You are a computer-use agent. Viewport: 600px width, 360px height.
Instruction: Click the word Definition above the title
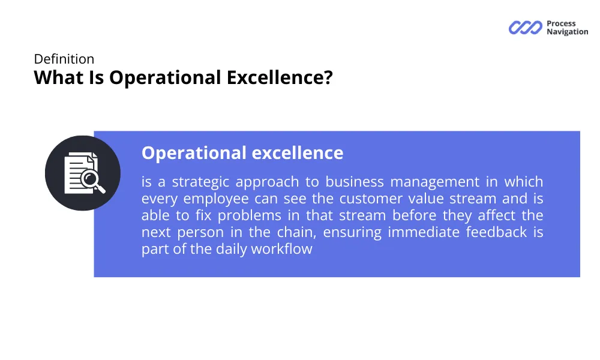point(64,59)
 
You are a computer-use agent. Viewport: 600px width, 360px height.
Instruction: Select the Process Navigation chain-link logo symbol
point(526,28)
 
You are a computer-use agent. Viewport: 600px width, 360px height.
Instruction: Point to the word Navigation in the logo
point(568,32)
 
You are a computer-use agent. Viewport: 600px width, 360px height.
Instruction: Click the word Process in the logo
point(561,23)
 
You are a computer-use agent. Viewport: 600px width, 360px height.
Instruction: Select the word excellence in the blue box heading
point(298,152)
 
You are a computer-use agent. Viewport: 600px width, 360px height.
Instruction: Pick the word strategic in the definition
point(200,182)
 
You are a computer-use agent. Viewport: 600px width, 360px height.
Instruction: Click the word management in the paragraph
point(434,182)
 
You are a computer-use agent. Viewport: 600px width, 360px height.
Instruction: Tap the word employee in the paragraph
point(216,199)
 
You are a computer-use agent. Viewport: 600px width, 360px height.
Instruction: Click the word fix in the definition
point(203,215)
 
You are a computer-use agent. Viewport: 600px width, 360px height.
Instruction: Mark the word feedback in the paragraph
point(496,232)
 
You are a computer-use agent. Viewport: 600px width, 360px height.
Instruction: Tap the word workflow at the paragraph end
point(281,248)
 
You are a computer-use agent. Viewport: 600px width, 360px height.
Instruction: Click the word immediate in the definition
point(424,232)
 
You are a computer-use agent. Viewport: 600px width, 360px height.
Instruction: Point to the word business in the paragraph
point(355,181)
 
